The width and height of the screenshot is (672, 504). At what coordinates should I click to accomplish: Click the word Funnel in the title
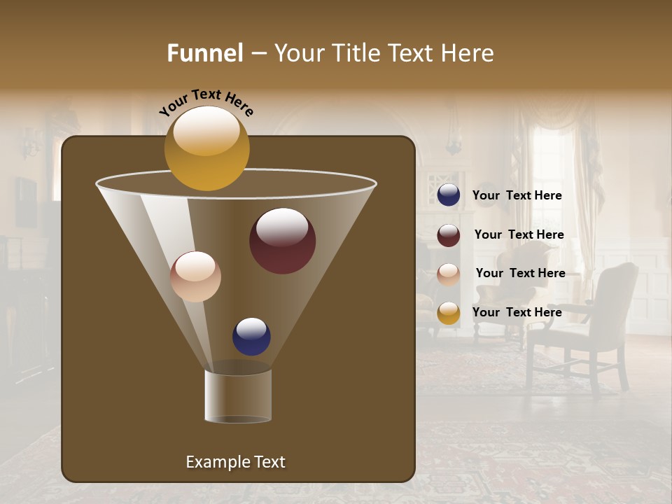point(204,53)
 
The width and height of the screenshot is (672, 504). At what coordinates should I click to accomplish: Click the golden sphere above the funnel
point(206,148)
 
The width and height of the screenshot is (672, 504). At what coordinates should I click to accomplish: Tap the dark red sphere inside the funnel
point(283,241)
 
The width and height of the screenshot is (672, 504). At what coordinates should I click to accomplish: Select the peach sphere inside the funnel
point(195,276)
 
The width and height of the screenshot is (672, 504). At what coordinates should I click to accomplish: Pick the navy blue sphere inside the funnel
point(251,336)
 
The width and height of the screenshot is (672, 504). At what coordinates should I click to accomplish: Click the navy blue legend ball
point(449,195)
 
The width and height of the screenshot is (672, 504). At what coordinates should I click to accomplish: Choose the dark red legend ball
point(449,235)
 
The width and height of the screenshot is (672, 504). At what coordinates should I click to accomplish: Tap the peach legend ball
point(449,274)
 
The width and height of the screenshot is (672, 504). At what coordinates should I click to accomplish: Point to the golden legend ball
point(449,313)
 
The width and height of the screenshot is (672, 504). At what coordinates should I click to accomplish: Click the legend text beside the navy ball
point(517,196)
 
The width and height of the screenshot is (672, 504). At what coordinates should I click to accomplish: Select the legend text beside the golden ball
point(517,312)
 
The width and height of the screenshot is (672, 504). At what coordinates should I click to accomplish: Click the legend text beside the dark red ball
point(519,235)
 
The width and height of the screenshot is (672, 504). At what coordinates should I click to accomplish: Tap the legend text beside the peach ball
point(520,273)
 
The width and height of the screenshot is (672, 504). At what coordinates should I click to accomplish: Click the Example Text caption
point(235,462)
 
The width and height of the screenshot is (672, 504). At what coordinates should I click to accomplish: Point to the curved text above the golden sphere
point(206,102)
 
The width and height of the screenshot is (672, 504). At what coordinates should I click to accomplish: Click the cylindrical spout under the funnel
point(238,395)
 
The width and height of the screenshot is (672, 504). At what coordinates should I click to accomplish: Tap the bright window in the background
point(553,168)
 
